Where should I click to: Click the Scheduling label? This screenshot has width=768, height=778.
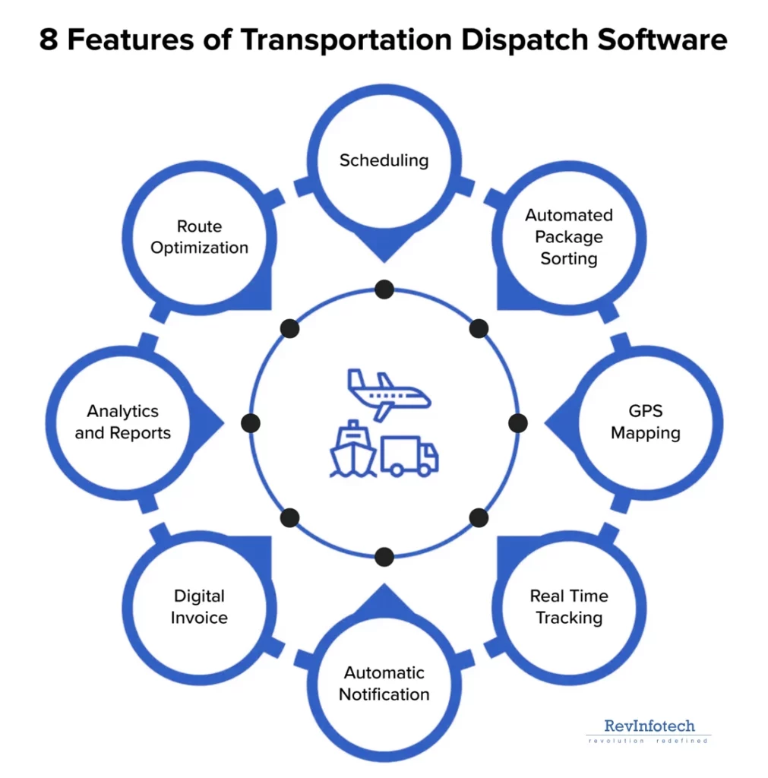(x=384, y=160)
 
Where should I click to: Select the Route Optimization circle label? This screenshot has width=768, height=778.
(x=199, y=237)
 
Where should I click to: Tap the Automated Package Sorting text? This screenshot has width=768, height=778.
(x=568, y=236)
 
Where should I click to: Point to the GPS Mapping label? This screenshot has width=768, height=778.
(x=646, y=422)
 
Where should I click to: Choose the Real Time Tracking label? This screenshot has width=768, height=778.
(x=569, y=606)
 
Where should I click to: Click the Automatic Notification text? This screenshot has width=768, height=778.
(x=384, y=683)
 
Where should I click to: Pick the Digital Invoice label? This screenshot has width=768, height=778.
(x=199, y=606)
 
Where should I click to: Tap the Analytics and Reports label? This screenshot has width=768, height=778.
(x=122, y=422)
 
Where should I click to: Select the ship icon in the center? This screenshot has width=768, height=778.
(x=352, y=450)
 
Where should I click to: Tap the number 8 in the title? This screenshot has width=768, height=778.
(x=48, y=40)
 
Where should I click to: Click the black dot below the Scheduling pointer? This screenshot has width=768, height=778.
(x=384, y=289)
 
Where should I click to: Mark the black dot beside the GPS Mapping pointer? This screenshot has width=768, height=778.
(x=517, y=423)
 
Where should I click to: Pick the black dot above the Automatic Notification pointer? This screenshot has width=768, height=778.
(x=384, y=557)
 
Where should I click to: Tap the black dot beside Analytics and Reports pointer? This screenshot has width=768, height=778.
(x=251, y=423)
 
